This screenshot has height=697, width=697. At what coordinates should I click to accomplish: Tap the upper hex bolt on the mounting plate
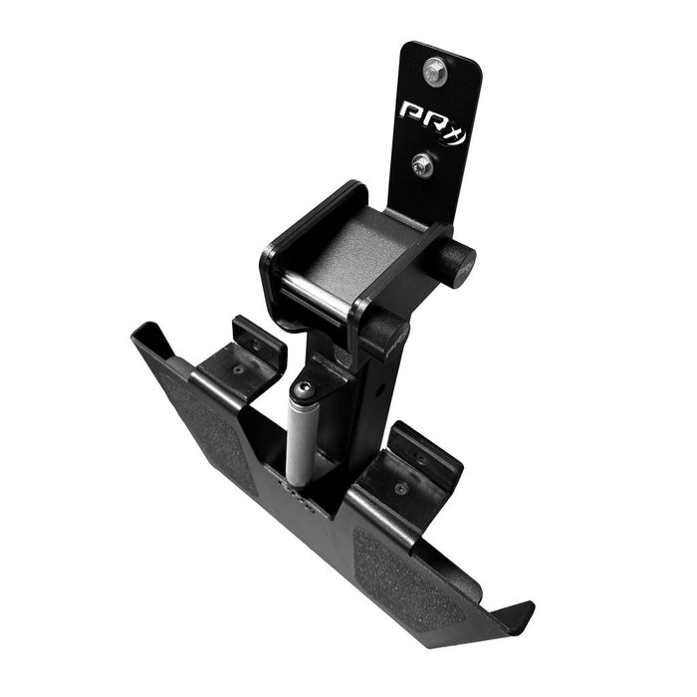click(434, 71)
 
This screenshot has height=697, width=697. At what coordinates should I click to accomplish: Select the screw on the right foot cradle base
click(399, 489)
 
